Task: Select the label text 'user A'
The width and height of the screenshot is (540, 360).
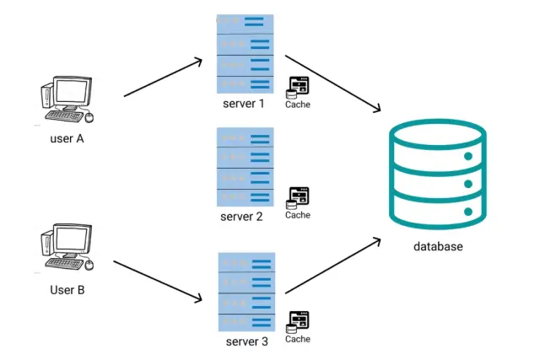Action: point(67,139)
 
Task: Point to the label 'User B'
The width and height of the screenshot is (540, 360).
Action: point(67,289)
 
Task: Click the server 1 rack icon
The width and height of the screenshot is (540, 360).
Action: point(244,54)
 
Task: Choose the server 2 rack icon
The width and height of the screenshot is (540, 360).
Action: point(244,166)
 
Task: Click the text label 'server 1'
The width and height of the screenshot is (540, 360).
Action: point(243,104)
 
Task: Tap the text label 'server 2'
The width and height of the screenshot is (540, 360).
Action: point(242,217)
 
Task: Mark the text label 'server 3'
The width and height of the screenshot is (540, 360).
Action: point(246,341)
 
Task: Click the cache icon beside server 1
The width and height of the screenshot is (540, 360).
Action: point(299,87)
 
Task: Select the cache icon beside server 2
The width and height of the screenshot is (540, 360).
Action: point(299,197)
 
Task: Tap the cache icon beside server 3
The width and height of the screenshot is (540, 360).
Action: point(299,321)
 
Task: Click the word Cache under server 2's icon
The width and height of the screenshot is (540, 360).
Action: point(298,215)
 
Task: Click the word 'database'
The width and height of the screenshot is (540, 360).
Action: point(438,246)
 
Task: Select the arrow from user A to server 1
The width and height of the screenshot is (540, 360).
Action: point(162,78)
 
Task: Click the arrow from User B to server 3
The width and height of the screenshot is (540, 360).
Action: point(159,282)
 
